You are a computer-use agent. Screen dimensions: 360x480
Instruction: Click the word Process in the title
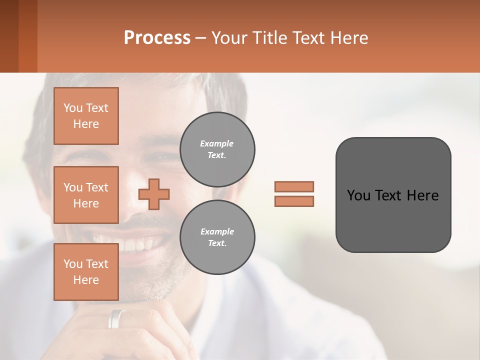click(157, 38)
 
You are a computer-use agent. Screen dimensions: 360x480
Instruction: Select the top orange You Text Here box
click(86, 116)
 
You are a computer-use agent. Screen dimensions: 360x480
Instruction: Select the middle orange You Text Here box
click(86, 195)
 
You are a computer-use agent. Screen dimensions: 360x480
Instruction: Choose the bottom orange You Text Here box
click(86, 272)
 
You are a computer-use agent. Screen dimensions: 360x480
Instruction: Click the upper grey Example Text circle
click(217, 149)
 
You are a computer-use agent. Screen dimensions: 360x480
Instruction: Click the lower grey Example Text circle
click(217, 237)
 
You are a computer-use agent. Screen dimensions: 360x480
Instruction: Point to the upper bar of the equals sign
click(294, 186)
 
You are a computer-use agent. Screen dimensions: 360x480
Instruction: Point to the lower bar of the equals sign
click(294, 201)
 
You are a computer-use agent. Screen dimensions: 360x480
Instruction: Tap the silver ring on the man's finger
click(116, 318)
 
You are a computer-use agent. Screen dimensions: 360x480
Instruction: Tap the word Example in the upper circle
click(217, 143)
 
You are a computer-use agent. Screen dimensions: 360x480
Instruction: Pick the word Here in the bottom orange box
click(86, 280)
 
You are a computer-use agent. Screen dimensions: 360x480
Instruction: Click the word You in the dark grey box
click(358, 195)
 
